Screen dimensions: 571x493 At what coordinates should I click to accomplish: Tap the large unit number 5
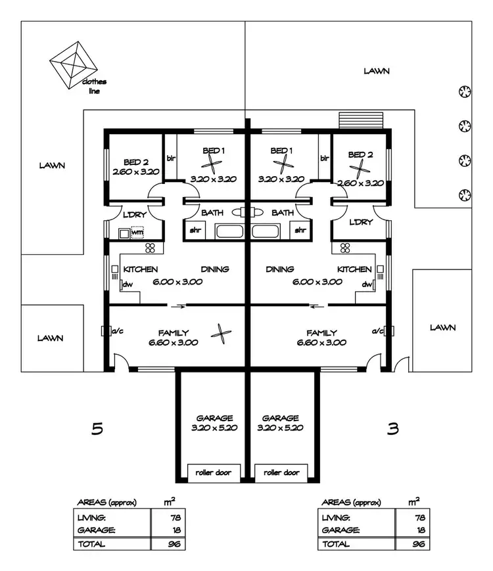pyautogui.click(x=97, y=429)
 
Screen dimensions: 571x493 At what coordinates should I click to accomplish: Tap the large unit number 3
pyautogui.click(x=392, y=429)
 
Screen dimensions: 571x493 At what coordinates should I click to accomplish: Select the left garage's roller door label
pyautogui.click(x=214, y=472)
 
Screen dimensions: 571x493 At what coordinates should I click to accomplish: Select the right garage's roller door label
pyautogui.click(x=281, y=472)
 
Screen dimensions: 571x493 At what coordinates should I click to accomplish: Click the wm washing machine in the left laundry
pyautogui.click(x=137, y=232)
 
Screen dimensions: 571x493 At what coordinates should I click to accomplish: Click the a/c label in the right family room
pyautogui.click(x=377, y=331)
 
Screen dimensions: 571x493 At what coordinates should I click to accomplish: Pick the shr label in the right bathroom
pyautogui.click(x=300, y=230)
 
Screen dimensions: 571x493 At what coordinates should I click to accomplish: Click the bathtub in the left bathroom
pyautogui.click(x=229, y=231)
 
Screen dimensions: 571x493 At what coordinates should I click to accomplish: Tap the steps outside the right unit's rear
pyautogui.click(x=360, y=120)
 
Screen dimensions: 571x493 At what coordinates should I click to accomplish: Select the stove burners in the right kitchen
pyautogui.click(x=345, y=248)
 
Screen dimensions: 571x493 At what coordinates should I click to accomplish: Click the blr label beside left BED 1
pyautogui.click(x=172, y=158)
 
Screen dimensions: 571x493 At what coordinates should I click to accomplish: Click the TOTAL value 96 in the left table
pyautogui.click(x=174, y=544)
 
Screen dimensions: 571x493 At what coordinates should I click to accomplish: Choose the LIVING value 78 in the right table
pyautogui.click(x=420, y=517)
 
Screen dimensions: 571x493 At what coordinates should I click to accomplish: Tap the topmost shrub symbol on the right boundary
pyautogui.click(x=465, y=91)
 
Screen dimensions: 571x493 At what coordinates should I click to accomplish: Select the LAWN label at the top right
pyautogui.click(x=377, y=71)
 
